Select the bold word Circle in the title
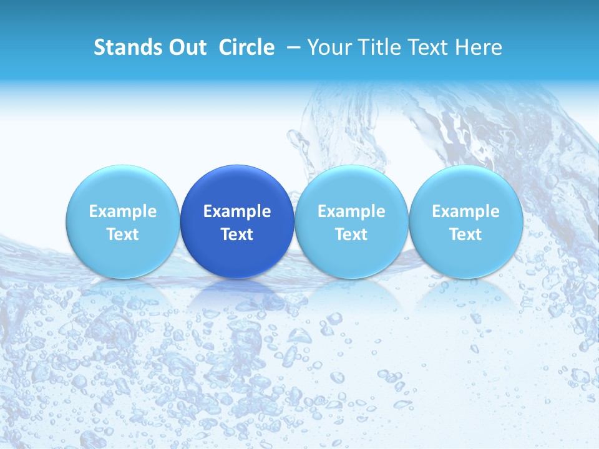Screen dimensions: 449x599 pos(246,47)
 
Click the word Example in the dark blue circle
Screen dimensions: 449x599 pos(237,211)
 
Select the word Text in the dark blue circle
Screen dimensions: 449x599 pos(237,234)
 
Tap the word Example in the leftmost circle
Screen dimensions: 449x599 pos(123,211)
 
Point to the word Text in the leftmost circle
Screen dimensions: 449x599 pos(123,234)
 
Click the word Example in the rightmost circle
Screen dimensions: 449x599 pos(465,211)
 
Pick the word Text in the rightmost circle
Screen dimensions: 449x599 pos(465,234)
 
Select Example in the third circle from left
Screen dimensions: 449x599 pos(351,211)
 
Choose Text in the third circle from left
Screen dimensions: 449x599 pos(351,234)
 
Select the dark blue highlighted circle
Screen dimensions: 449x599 pos(237,187)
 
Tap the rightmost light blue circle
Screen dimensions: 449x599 pos(465,187)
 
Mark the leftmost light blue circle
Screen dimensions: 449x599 pos(123,187)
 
